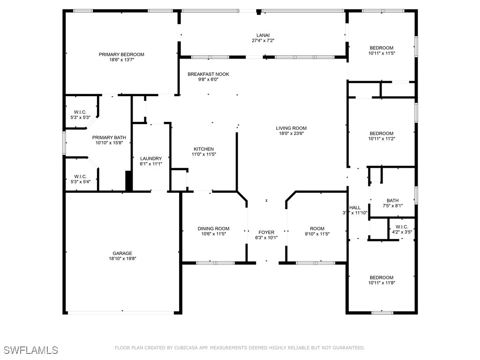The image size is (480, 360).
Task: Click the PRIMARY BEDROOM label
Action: (121, 54)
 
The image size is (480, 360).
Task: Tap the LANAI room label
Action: (263, 35)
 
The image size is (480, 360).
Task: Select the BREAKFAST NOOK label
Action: (208, 74)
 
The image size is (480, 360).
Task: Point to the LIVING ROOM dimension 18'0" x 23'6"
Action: (291, 133)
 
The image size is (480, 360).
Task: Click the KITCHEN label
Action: (203, 149)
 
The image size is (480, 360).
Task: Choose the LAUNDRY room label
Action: (151, 158)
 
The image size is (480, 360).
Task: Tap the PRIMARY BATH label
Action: (109, 137)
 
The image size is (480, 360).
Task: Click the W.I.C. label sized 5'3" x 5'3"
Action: (80, 112)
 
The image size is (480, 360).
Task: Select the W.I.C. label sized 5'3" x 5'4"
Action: (80, 176)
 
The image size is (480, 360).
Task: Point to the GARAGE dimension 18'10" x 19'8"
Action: (122, 258)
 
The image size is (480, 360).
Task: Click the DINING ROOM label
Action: (213, 228)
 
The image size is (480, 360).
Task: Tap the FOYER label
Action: (266, 232)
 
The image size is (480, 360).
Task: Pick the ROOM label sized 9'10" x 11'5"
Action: (317, 228)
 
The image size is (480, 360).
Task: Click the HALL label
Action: (355, 208)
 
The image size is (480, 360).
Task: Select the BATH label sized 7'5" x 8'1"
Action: (393, 201)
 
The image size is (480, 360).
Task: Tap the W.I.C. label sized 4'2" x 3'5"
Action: (402, 227)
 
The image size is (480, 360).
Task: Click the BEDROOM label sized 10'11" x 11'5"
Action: (382, 48)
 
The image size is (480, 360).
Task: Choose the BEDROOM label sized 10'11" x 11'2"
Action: (382, 134)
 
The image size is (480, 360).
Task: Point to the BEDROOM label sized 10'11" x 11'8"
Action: (382, 277)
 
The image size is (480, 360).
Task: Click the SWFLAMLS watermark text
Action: (31, 350)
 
